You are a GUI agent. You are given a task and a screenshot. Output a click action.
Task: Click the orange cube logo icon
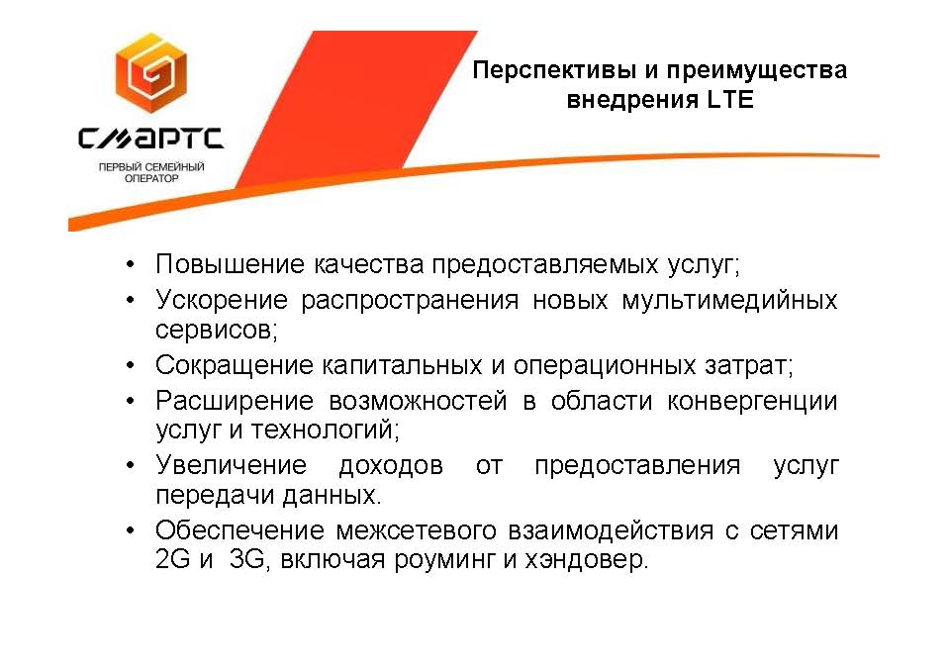pos(151,72)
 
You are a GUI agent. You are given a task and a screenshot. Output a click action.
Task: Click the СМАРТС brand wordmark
pos(150,138)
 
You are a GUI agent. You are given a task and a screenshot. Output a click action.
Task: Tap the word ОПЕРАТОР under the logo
pos(151,178)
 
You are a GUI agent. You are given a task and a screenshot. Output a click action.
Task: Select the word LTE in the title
pos(730,99)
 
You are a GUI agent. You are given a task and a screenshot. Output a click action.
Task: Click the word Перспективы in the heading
pos(554,70)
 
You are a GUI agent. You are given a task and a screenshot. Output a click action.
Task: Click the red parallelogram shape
pos(357,109)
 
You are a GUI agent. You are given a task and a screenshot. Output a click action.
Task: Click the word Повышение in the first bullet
pos(230,264)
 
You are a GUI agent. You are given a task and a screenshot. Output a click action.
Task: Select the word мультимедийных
pos(729,301)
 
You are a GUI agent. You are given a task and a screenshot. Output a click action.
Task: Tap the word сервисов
pos(216,331)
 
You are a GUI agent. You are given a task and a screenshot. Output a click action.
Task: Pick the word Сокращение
pos(234,365)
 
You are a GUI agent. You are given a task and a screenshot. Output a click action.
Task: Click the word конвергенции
pos(752,402)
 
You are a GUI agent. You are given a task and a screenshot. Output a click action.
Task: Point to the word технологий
pos(325,431)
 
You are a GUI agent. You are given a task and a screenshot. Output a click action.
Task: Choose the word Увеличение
pos(232,465)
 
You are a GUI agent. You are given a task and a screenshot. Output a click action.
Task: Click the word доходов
pos(391,466)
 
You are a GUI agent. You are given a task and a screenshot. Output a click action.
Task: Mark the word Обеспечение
pos(239,530)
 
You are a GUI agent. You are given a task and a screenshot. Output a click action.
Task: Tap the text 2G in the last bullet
pos(172,558)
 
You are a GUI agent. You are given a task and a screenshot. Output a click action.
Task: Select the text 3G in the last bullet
pos(247,559)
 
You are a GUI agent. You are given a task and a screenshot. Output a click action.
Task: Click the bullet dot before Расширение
pos(130,401)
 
